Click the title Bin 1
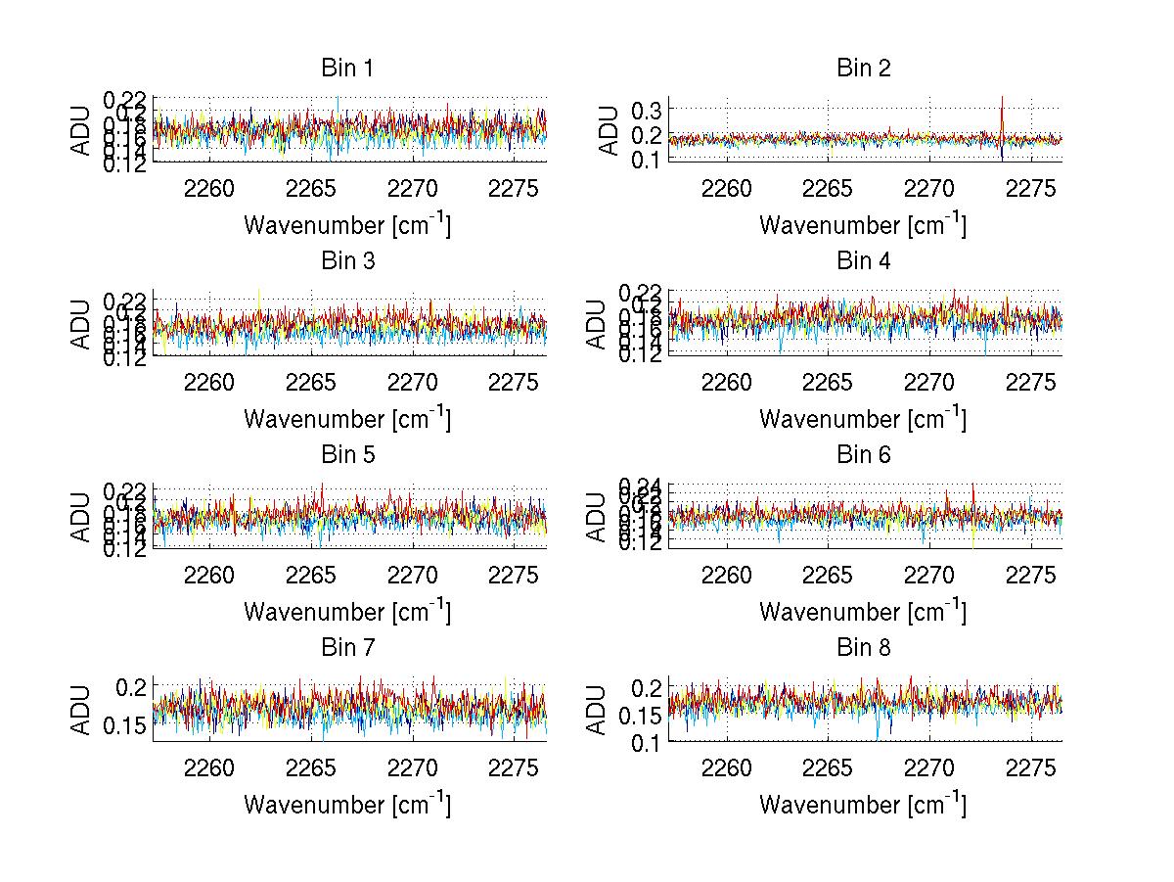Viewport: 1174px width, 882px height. click(347, 69)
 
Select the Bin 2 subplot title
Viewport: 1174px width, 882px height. click(863, 69)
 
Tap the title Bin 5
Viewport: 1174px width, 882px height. click(347, 455)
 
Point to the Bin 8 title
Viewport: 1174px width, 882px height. click(863, 648)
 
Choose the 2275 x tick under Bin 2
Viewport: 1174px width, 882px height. click(1031, 189)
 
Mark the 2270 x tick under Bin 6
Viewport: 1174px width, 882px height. click(929, 576)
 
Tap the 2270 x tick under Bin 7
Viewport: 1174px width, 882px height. click(414, 768)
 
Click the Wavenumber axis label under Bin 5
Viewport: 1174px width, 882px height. click(347, 612)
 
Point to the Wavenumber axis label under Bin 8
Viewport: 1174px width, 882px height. click(863, 805)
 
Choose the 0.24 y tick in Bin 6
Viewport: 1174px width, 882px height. click(641, 485)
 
